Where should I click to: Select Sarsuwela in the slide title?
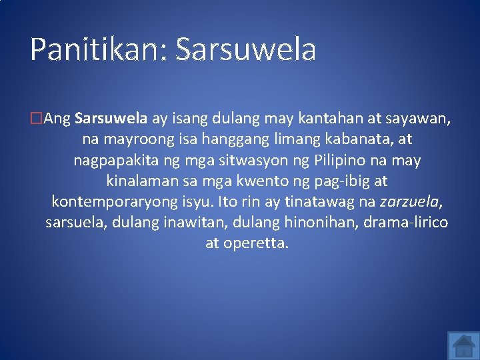pos(245,50)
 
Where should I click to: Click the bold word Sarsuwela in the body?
pos(111,119)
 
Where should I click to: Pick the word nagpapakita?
pos(114,161)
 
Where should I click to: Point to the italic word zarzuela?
pos(411,202)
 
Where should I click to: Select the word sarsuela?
pos(73,222)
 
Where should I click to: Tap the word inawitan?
pos(189,222)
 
